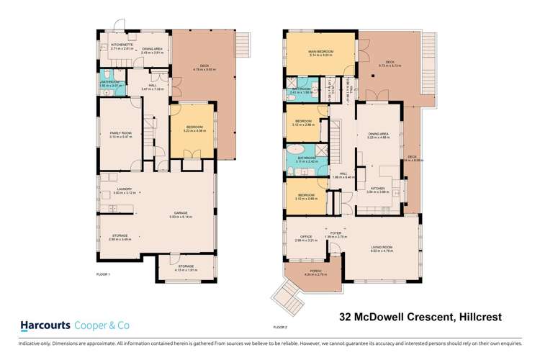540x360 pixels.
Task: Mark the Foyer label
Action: [x=335, y=234]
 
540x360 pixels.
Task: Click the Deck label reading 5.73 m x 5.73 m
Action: [x=391, y=63]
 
